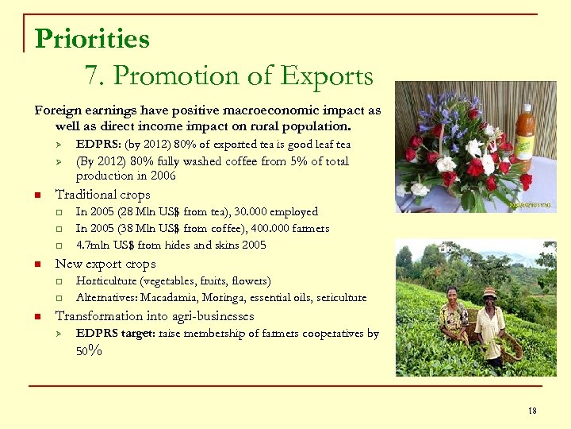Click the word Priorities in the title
pyautogui.click(x=92, y=38)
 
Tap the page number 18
pyautogui.click(x=532, y=410)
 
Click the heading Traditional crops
pyautogui.click(x=102, y=195)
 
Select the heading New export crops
pyautogui.click(x=105, y=264)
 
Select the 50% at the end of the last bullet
pyautogui.click(x=89, y=350)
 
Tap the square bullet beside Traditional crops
pyautogui.click(x=36, y=195)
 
